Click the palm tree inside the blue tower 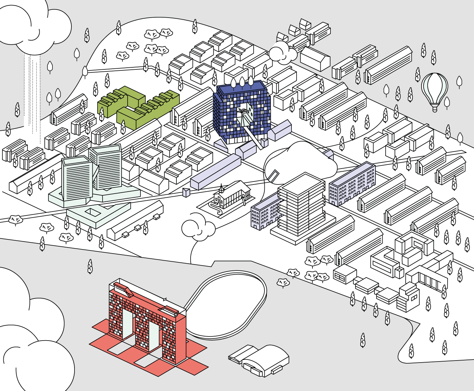pyautogui.click(x=242, y=112)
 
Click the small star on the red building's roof pyautogui.click(x=165, y=299)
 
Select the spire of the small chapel pyautogui.click(x=221, y=187)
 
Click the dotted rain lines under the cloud pyautogui.click(x=32, y=95)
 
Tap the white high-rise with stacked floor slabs pyautogui.click(x=301, y=207)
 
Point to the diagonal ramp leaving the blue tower pyautogui.click(x=254, y=135)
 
